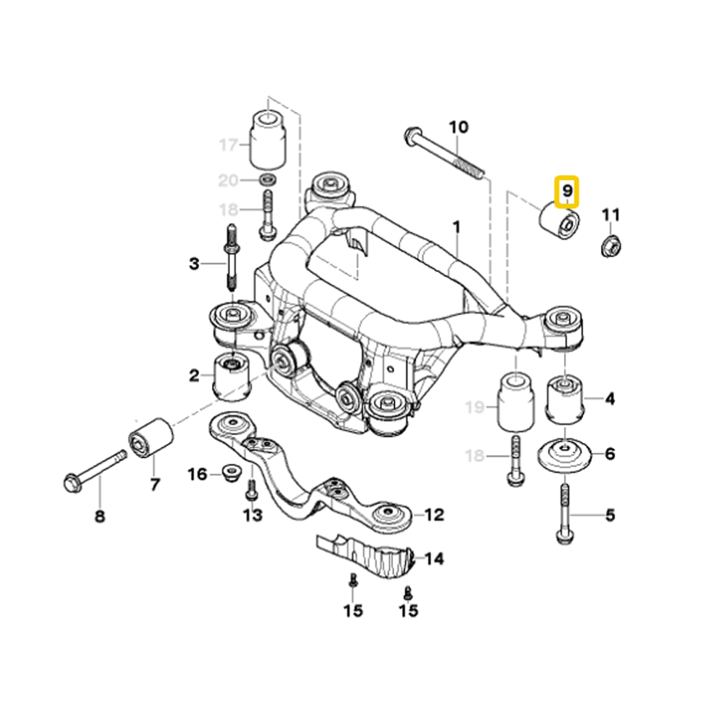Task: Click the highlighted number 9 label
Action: pyautogui.click(x=567, y=193)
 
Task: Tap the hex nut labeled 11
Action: pyautogui.click(x=611, y=247)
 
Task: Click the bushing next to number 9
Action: pyautogui.click(x=560, y=219)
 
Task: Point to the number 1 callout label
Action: pyautogui.click(x=457, y=227)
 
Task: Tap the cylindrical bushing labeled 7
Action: pyautogui.click(x=151, y=438)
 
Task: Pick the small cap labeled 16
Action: pyautogui.click(x=231, y=473)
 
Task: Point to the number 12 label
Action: pyautogui.click(x=433, y=515)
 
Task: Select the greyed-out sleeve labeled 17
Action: pyautogui.click(x=266, y=138)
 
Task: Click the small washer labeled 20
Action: pyautogui.click(x=266, y=179)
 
